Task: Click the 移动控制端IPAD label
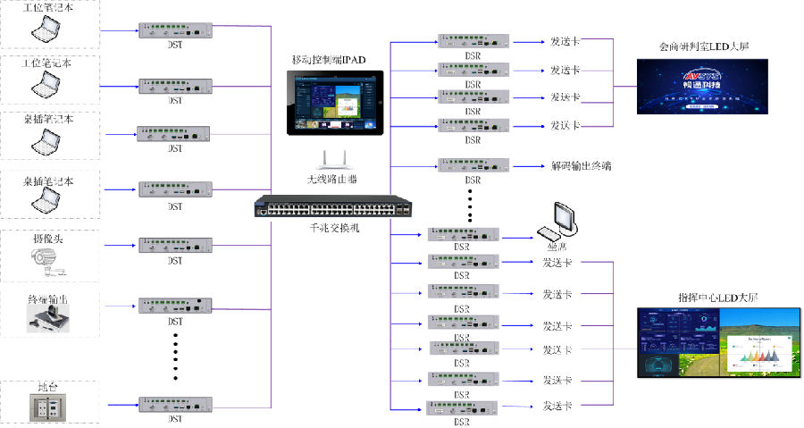click(330, 59)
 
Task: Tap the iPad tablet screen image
click(332, 100)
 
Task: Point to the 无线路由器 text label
click(332, 179)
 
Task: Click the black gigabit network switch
click(332, 207)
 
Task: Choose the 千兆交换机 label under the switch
click(332, 228)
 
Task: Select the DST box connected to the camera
click(175, 245)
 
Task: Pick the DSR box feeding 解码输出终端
click(473, 166)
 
